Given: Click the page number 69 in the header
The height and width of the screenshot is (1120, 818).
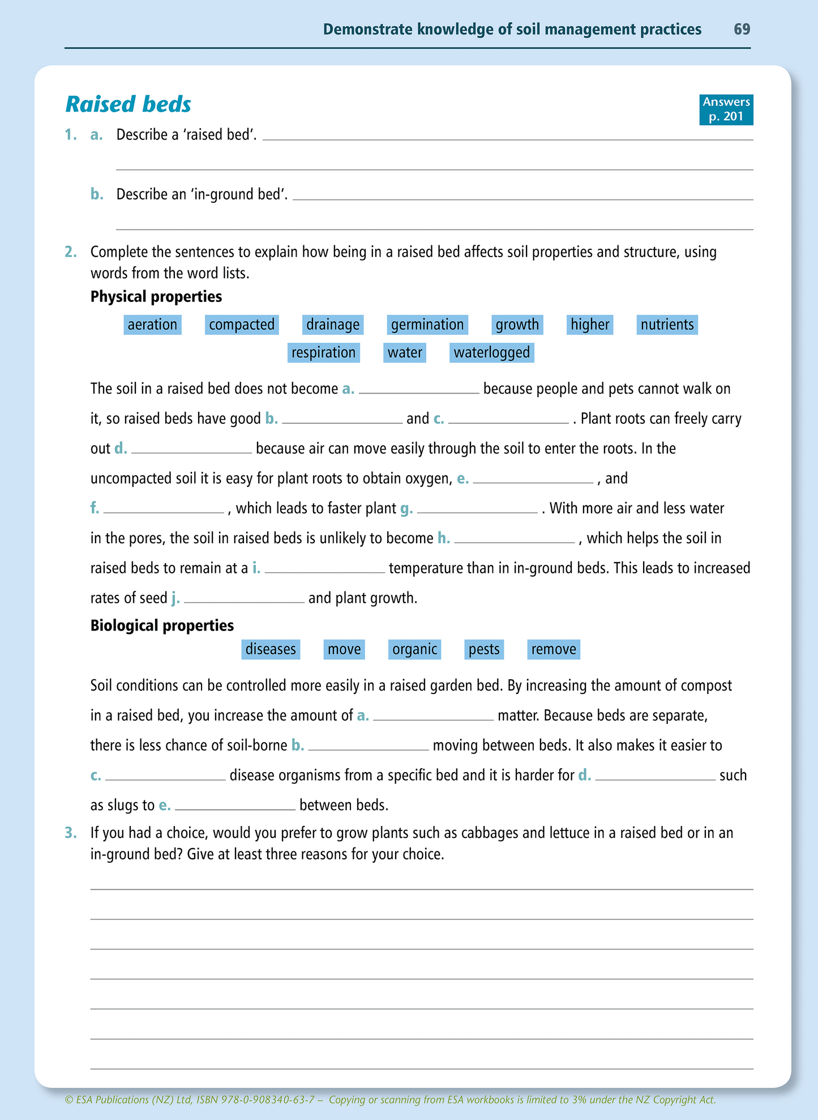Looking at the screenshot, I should (742, 29).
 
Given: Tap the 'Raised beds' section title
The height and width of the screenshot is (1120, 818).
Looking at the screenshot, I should (129, 104).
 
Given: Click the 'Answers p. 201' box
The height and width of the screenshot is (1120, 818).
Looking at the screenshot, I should (726, 109).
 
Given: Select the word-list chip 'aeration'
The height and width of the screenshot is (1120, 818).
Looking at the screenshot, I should (152, 325).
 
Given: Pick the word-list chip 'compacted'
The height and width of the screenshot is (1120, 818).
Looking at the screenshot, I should (242, 325).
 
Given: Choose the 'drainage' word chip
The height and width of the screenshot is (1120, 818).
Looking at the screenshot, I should (333, 325).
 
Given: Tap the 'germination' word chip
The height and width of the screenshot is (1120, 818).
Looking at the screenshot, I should (427, 325).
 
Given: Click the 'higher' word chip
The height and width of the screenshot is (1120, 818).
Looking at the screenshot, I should (590, 325).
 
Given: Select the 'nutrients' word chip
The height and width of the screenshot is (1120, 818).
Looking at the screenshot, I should (667, 325).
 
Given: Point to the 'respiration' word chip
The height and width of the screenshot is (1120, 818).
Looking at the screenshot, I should (323, 352).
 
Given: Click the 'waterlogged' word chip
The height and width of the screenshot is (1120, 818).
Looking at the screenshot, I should (492, 352).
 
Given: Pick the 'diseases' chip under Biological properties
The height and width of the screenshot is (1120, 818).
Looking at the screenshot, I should (271, 649).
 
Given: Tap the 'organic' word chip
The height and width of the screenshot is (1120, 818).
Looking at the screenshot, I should (415, 649).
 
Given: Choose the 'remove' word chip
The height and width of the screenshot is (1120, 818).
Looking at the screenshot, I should (554, 649).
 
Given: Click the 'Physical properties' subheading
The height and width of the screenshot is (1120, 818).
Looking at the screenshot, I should (156, 296).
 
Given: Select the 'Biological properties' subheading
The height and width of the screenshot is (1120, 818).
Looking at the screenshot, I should (162, 625).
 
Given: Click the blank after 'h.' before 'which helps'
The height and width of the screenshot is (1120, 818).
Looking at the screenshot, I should (514, 538).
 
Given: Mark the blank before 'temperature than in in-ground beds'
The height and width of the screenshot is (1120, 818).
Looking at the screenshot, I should (324, 568).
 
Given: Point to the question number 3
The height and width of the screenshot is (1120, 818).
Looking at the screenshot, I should (70, 833).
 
